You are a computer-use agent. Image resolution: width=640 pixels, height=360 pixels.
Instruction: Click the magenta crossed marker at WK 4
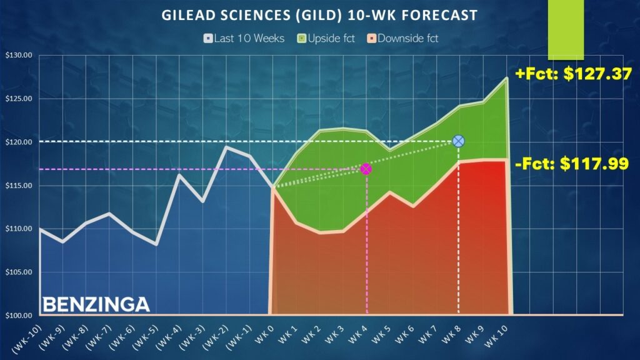click(x=366, y=169)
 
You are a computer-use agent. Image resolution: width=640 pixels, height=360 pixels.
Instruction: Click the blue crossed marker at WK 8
click(x=458, y=141)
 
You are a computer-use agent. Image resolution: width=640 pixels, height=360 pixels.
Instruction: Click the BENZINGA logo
click(x=96, y=304)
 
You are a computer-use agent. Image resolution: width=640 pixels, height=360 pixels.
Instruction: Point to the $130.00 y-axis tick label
click(x=18, y=56)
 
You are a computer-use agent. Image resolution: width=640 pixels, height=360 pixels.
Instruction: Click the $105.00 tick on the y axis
click(x=18, y=272)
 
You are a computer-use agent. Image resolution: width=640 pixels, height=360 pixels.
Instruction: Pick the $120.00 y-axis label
click(x=18, y=142)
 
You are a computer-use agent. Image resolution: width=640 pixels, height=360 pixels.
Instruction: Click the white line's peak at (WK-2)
click(x=226, y=147)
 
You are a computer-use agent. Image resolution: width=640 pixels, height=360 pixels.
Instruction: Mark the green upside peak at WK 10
click(x=506, y=78)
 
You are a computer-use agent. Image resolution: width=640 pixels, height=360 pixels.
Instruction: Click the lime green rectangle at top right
click(x=566, y=30)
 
